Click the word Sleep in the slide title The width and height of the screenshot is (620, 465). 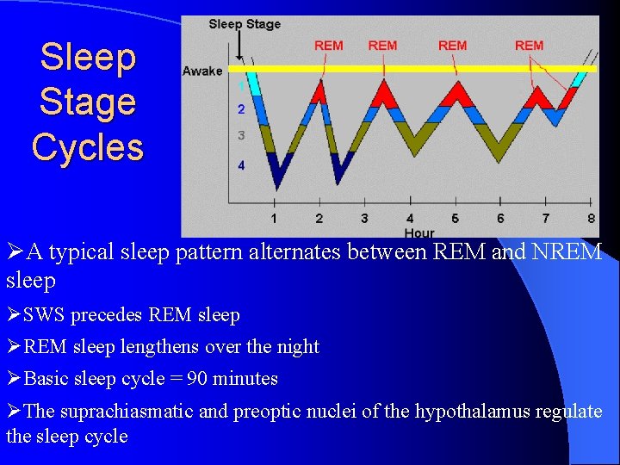pos(88,58)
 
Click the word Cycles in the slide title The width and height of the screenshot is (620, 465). pos(88,147)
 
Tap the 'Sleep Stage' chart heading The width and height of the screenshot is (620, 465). pos(245,24)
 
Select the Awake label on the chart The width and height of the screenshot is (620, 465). pos(202,71)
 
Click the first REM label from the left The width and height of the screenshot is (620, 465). pos(328,46)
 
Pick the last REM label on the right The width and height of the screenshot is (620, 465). pos(529,46)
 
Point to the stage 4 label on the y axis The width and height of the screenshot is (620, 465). pos(241,164)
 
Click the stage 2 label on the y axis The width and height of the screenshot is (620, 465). pos(241,109)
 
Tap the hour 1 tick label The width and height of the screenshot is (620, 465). pos(274,219)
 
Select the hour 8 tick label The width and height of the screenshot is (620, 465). pos(591,219)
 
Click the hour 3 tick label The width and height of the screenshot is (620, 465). pos(364,219)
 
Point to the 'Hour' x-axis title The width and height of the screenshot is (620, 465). pos(419,232)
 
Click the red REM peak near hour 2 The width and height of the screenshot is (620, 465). pos(320,90)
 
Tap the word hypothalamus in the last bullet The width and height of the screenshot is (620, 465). pos(473,412)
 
